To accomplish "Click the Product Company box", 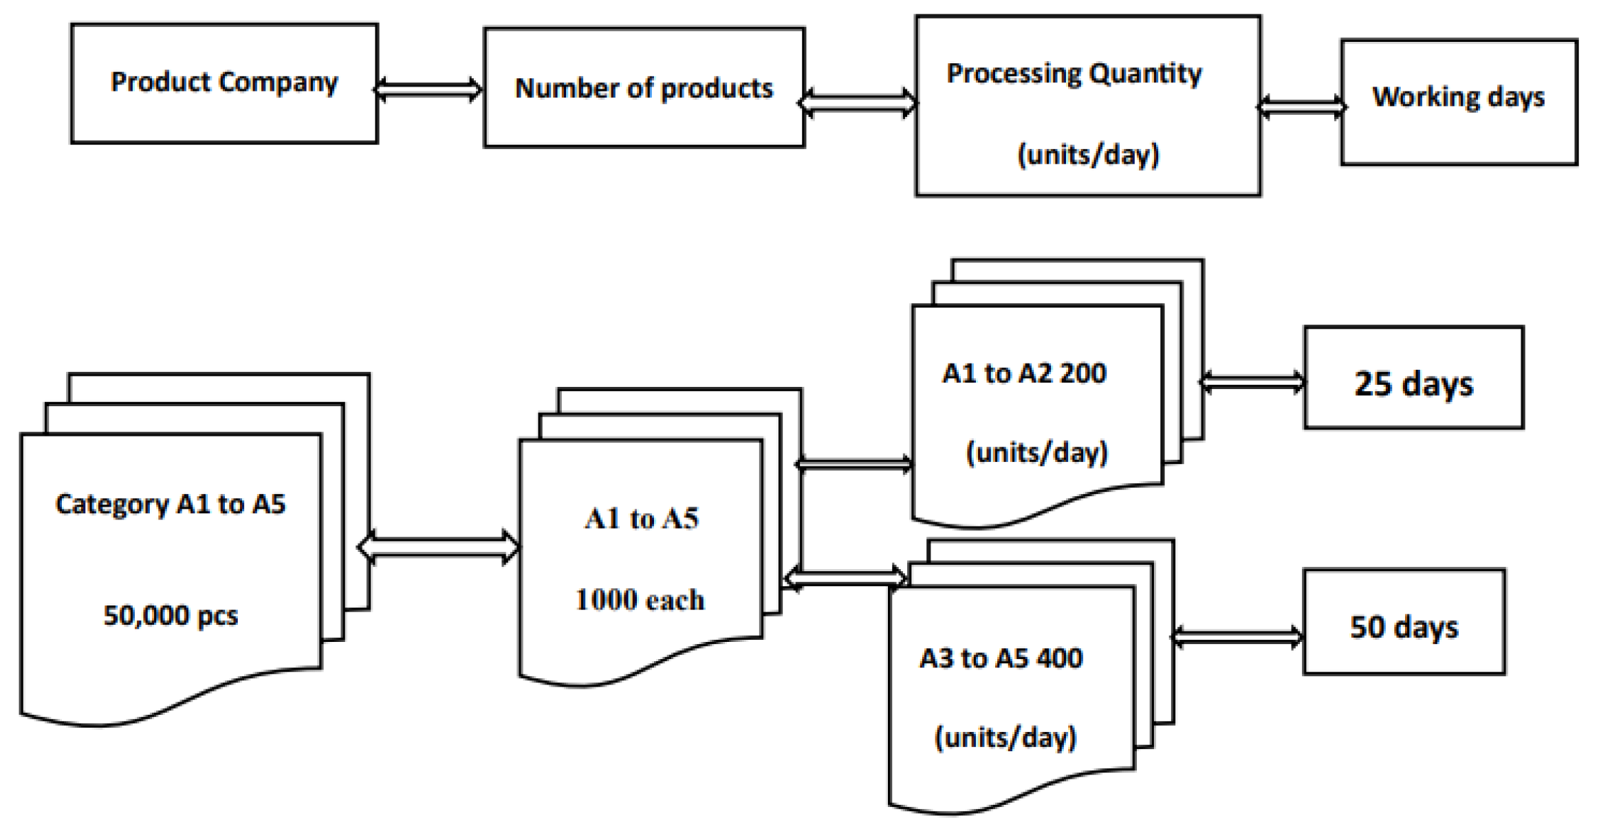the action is pyautogui.click(x=224, y=83).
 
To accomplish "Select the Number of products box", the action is pyautogui.click(x=644, y=87).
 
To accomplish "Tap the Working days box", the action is pyautogui.click(x=1459, y=102).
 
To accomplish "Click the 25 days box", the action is pyautogui.click(x=1414, y=377).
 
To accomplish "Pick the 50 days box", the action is pyautogui.click(x=1404, y=621).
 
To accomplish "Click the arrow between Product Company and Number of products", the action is pyautogui.click(x=428, y=89).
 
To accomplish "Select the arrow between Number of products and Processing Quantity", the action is pyautogui.click(x=858, y=103).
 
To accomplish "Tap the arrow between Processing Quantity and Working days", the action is pyautogui.click(x=1301, y=107).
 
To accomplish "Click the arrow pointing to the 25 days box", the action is pyautogui.click(x=1252, y=382).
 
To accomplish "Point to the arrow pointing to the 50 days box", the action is pyautogui.click(x=1237, y=636).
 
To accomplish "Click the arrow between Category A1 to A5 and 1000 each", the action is pyautogui.click(x=439, y=547).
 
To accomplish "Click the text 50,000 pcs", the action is pyautogui.click(x=171, y=615).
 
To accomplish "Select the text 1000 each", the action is pyautogui.click(x=640, y=600).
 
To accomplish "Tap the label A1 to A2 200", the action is pyautogui.click(x=1024, y=373).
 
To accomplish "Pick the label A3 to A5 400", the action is pyautogui.click(x=1001, y=658).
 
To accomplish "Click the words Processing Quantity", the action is pyautogui.click(x=1074, y=74).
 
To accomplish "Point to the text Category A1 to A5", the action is pyautogui.click(x=171, y=504).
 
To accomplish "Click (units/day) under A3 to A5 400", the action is pyautogui.click(x=1005, y=737).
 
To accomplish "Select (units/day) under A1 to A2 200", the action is pyautogui.click(x=1037, y=452).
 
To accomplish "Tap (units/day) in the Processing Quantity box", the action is pyautogui.click(x=1088, y=154).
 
